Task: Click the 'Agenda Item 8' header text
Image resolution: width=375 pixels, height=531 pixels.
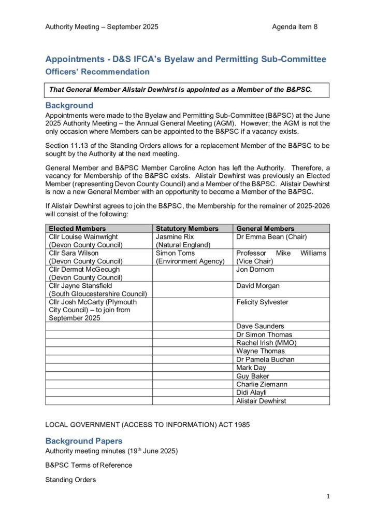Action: [295, 26]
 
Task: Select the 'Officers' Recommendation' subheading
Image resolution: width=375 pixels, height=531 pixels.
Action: [97, 72]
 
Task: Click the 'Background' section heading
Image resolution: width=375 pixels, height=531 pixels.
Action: [69, 105]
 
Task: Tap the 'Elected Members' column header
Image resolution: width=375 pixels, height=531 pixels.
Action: [77, 228]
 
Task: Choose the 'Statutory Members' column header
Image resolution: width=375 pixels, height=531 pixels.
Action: [187, 228]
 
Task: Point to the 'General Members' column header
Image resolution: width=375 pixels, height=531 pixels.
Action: [265, 228]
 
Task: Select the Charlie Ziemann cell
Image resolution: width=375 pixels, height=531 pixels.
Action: [262, 384]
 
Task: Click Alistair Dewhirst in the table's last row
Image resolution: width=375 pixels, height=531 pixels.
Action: [261, 401]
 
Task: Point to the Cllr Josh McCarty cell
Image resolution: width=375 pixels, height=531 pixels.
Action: [92, 310]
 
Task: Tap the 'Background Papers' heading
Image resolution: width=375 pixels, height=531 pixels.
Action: [84, 441]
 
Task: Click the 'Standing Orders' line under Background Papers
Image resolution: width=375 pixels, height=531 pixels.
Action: [70, 480]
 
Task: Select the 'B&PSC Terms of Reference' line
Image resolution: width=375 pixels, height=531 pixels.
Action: [89, 465]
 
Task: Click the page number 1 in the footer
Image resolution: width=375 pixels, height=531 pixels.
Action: [328, 496]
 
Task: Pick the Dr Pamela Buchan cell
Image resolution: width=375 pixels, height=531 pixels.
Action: [265, 359]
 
